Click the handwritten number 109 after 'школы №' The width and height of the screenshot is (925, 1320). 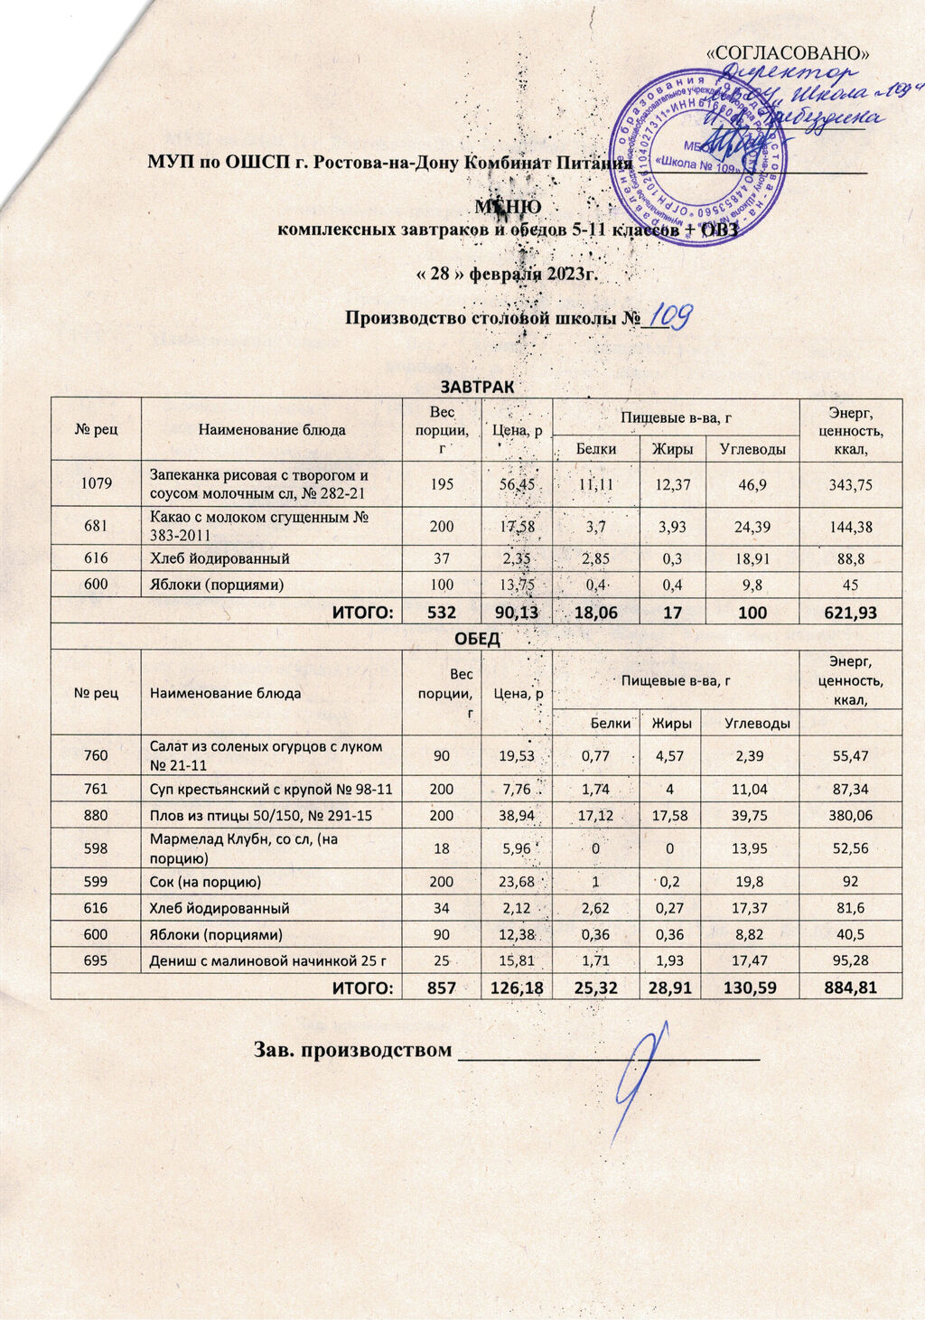[x=669, y=315]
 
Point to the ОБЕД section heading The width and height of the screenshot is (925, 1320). [x=476, y=638]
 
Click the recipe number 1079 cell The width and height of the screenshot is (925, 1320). [x=96, y=483]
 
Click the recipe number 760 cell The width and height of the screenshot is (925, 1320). [x=96, y=755]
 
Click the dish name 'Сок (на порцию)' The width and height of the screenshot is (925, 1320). [x=205, y=880]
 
